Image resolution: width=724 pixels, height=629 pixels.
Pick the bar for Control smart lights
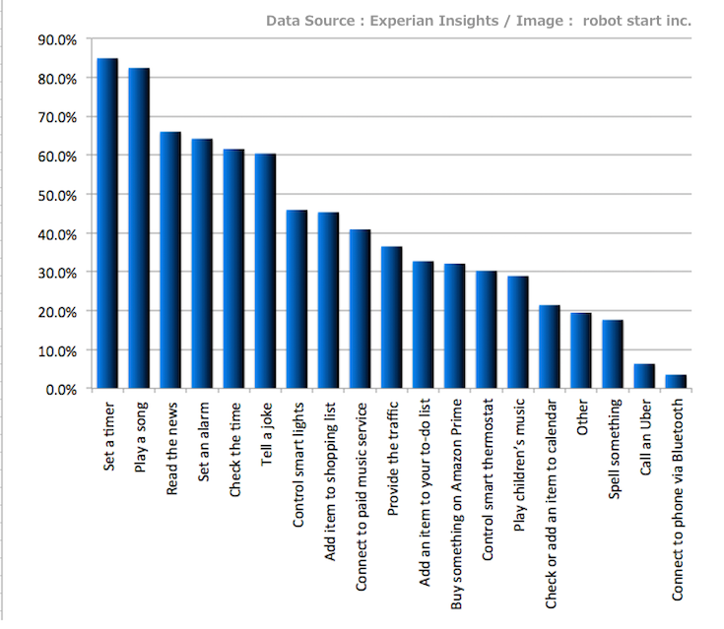click(296, 299)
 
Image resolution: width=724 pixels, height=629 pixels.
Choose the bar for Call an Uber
click(644, 377)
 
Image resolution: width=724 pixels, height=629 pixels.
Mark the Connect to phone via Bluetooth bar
click(676, 382)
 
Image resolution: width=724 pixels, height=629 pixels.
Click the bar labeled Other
click(581, 351)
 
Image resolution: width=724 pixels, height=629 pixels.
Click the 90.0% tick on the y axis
click(56, 39)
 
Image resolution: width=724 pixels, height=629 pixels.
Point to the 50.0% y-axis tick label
click(56, 195)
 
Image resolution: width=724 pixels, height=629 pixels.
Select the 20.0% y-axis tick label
click(56, 311)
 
